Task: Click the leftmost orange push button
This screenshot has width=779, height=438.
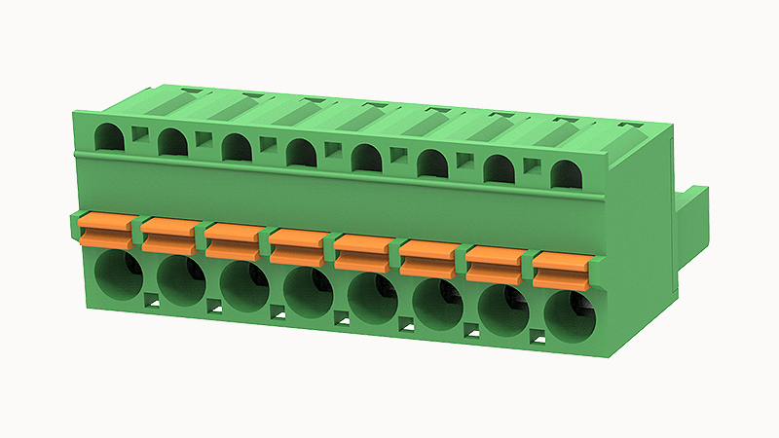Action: coord(105,232)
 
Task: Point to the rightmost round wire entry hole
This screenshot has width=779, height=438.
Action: coord(569,315)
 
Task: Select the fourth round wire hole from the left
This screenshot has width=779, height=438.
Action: coord(308,290)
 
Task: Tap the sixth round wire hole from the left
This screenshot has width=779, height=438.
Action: coord(438,303)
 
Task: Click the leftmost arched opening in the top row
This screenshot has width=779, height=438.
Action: coord(110,137)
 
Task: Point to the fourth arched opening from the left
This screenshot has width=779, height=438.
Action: coord(302,153)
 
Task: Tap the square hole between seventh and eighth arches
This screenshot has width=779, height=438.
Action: coord(533,167)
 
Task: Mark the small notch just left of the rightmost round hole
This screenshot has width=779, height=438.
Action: coord(537,338)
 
